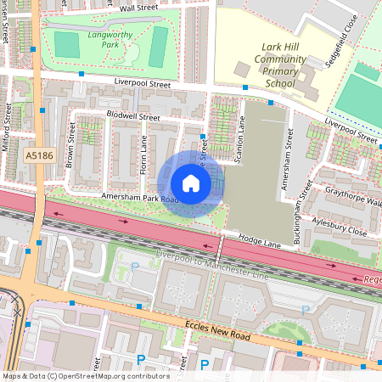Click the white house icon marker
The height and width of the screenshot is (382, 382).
pos(191,183)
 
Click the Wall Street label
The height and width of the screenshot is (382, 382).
pos(139,7)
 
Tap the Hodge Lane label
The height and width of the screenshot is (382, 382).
pos(258,242)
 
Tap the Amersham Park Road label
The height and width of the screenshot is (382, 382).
pos(140,198)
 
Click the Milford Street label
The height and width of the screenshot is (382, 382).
pos(6,127)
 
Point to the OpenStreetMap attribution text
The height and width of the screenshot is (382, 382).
pos(86,375)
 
